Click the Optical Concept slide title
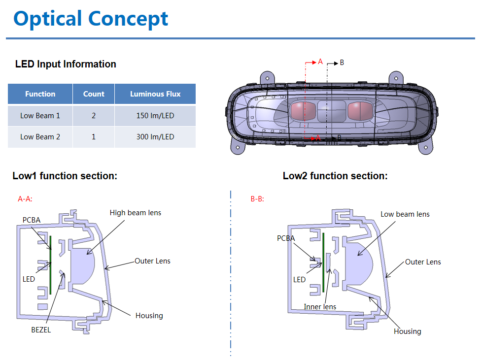[91, 19]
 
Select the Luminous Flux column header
[155, 94]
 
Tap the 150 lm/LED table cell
[155, 116]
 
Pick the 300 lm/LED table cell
[155, 137]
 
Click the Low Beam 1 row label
[40, 116]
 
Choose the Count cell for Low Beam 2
[94, 137]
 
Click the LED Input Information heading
[66, 64]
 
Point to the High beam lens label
[135, 213]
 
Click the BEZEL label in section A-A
[40, 330]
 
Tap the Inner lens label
[320, 307]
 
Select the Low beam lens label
[405, 214]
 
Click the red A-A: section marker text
[25, 199]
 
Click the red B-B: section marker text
[257, 199]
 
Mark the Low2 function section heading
[335, 176]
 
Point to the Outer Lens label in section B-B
[423, 262]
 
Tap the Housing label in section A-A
[149, 315]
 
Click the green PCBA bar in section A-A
[50, 264]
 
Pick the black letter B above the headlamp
[342, 63]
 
